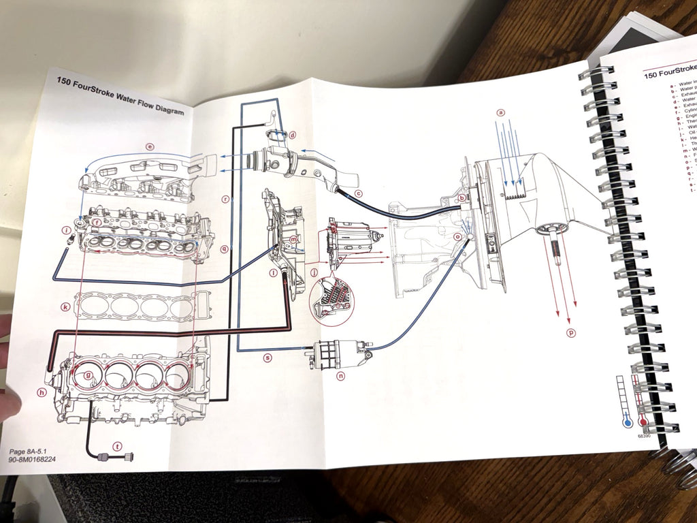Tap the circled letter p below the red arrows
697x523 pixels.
pyautogui.click(x=571, y=332)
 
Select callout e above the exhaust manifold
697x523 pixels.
pyautogui.click(x=150, y=146)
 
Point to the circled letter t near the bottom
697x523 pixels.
pyautogui.click(x=117, y=447)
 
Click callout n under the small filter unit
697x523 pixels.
pyautogui.click(x=340, y=374)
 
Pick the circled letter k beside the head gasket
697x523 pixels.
pyautogui.click(x=65, y=307)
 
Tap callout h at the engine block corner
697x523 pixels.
pyautogui.click(x=42, y=392)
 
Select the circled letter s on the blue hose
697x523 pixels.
pyautogui.click(x=268, y=357)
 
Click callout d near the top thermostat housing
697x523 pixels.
pyautogui.click(x=292, y=135)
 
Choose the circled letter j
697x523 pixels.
pyautogui.click(x=314, y=272)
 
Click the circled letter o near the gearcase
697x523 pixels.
pyautogui.click(x=457, y=236)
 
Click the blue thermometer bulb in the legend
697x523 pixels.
pyautogui.click(x=628, y=422)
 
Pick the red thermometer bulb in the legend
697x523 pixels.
pyautogui.click(x=643, y=422)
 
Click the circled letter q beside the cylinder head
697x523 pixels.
pyautogui.click(x=225, y=249)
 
